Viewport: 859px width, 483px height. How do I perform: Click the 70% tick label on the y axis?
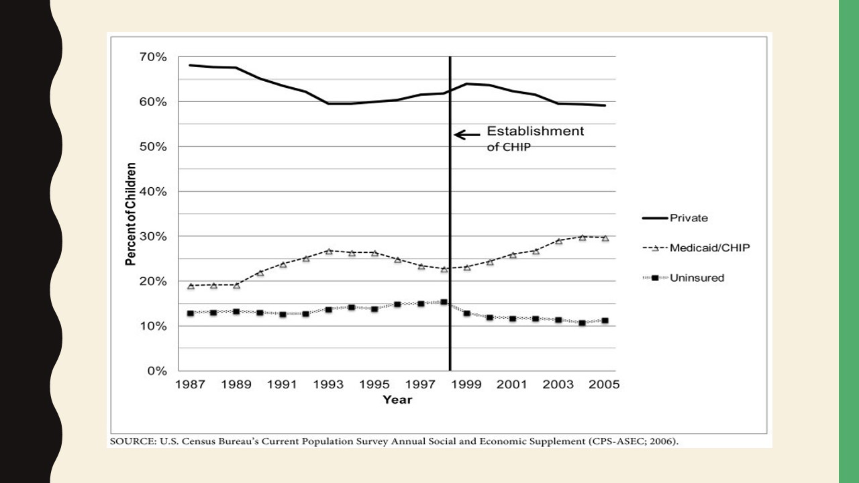pos(153,57)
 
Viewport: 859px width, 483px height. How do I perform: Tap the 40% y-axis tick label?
pos(153,192)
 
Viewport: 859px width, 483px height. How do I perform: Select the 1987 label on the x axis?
pos(190,385)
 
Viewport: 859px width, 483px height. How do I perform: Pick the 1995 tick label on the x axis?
pos(374,385)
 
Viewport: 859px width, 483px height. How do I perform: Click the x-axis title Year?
pos(397,400)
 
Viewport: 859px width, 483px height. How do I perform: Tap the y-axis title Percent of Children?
pos(131,214)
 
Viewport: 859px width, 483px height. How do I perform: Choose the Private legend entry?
pos(689,218)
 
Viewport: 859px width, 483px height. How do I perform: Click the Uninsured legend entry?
pos(697,278)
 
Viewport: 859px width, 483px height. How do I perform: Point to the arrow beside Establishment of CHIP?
pos(467,134)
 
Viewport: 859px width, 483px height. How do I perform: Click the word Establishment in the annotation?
pos(536,131)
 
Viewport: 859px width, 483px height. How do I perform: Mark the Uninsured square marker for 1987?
pos(191,313)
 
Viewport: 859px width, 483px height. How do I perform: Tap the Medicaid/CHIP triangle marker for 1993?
pos(329,251)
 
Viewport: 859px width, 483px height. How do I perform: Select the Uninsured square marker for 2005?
pos(605,321)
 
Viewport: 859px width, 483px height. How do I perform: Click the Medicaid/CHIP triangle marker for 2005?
pos(605,238)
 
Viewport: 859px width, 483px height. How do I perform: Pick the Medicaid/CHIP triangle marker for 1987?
pos(191,286)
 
